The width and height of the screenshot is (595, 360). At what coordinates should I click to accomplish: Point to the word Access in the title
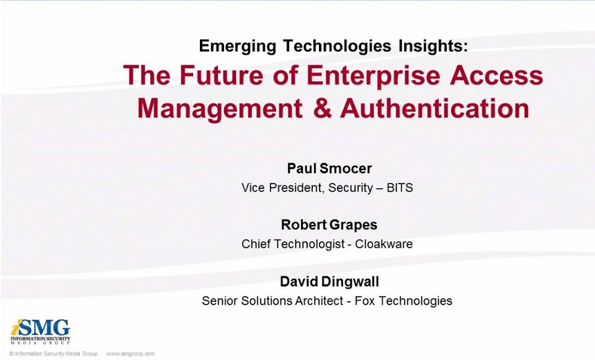click(497, 75)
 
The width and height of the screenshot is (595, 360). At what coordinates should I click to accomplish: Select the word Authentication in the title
click(434, 108)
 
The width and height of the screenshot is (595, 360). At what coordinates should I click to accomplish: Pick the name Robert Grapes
click(329, 225)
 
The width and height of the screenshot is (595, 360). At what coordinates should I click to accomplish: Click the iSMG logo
click(40, 332)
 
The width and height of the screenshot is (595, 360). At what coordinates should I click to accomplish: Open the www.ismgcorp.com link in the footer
click(130, 354)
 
